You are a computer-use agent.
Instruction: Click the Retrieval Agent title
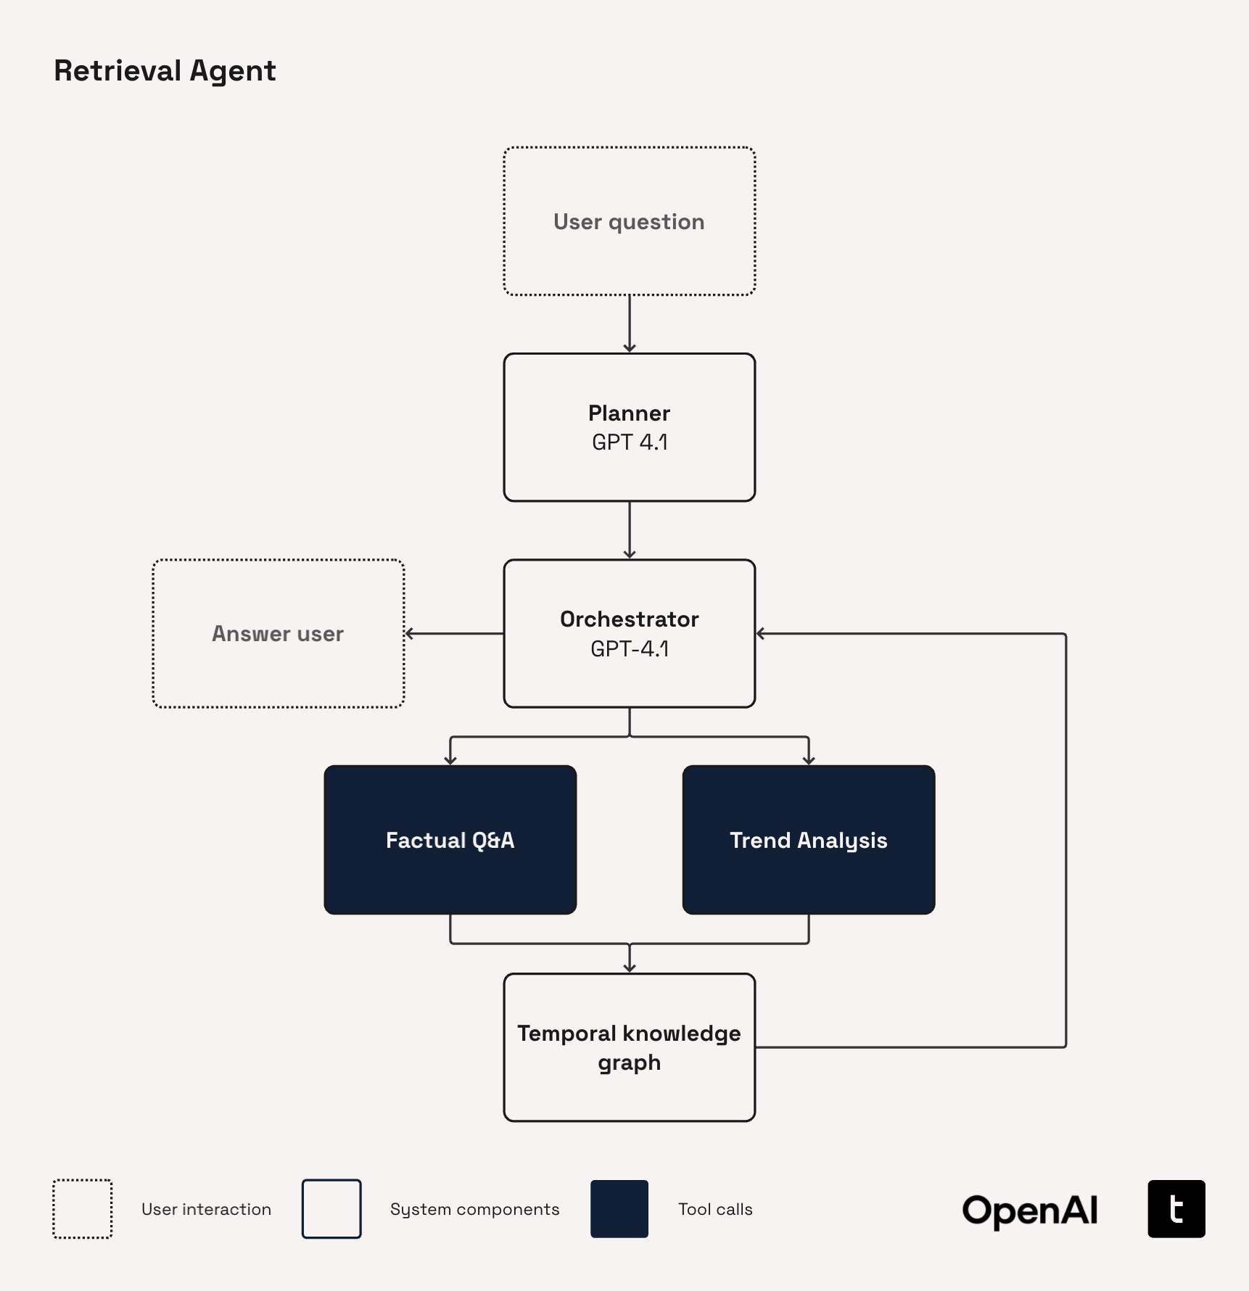pos(165,71)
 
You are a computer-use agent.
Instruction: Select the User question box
pos(629,221)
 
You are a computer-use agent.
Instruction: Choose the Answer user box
pos(278,633)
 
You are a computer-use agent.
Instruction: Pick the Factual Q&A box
pos(450,840)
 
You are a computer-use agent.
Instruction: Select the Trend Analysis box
pos(808,840)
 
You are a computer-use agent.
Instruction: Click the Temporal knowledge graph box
pos(629,1047)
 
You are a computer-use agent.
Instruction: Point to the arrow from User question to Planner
pos(629,323)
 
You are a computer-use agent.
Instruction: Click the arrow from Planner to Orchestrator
pos(629,529)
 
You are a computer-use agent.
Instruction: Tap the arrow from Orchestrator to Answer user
pos(454,633)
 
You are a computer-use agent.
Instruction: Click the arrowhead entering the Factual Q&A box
pos(450,759)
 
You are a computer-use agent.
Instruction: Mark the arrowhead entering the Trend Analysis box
pos(808,759)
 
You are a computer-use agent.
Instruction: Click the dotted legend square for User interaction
pos(83,1209)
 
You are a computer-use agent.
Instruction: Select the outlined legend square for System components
pos(331,1209)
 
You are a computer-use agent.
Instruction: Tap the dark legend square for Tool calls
pos(619,1209)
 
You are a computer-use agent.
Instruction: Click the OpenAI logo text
pos(1029,1210)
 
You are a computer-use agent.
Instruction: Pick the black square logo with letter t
pos(1176,1209)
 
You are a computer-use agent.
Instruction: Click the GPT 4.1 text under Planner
pos(629,442)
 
